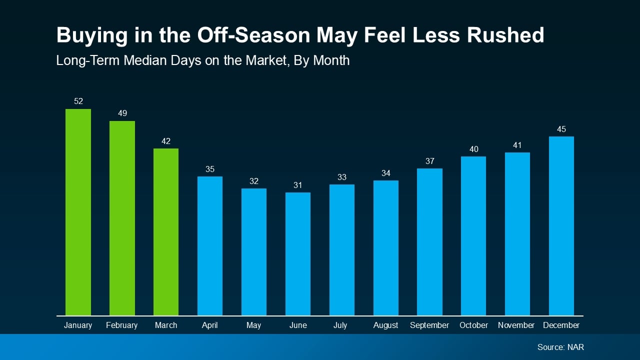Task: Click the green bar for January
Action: pos(78,212)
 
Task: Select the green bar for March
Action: pos(166,232)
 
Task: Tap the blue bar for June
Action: pos(298,254)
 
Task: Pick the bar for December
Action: pos(561,226)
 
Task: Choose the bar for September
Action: pos(429,242)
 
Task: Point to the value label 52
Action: pos(78,101)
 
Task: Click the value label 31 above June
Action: pos(298,185)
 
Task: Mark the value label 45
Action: pos(561,129)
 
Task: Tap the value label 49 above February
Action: pos(122,113)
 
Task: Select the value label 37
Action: pos(430,161)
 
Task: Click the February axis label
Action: pos(122,325)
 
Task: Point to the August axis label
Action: pos(385,325)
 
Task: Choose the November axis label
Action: pos(516,325)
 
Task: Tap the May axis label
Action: pos(253,325)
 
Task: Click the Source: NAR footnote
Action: pos(560,347)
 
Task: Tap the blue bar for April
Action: pos(210,246)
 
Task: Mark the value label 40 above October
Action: pos(473,149)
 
